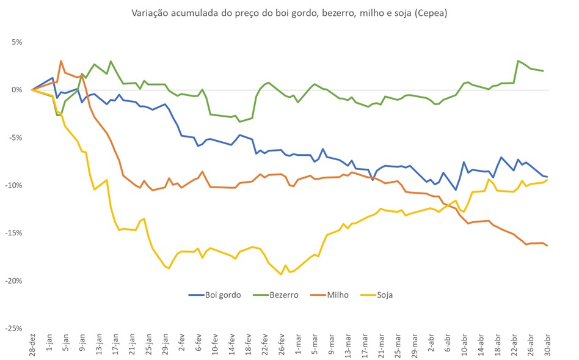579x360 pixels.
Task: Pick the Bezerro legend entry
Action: pos(276,295)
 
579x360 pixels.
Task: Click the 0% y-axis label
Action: pos(16,90)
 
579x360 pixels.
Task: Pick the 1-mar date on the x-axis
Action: pos(299,345)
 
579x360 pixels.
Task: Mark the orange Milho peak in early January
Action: pos(61,61)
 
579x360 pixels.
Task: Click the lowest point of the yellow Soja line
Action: pos(281,274)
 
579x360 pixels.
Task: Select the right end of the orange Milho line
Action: pos(547,246)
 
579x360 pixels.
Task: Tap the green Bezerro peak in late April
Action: pos(518,61)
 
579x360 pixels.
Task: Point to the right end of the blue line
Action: pos(547,177)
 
